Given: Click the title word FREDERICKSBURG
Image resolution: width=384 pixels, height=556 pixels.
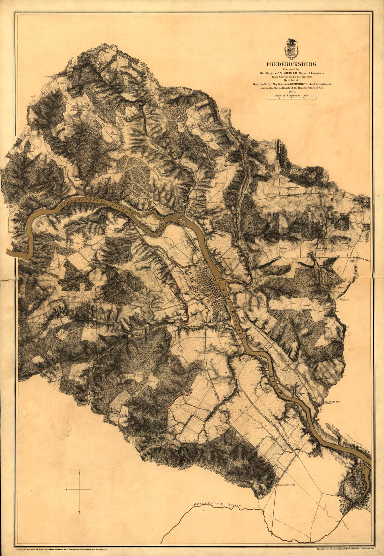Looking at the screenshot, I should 291,64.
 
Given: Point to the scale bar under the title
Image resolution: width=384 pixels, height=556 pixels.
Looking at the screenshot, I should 291,99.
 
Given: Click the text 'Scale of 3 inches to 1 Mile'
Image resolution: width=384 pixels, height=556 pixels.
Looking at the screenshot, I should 291,95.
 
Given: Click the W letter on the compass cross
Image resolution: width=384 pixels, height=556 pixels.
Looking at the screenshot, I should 66,490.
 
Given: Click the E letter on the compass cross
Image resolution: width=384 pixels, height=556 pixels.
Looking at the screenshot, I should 92,490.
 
